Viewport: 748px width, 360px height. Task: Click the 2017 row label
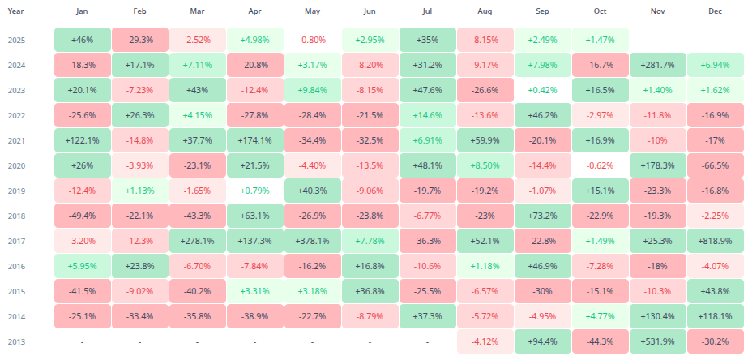coord(17,241)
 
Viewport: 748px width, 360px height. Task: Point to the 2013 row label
coord(17,341)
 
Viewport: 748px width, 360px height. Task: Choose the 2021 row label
coord(17,140)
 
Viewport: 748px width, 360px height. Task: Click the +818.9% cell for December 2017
coord(715,241)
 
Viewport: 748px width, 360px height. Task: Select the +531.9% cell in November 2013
coord(657,341)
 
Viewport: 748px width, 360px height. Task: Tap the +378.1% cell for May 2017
coord(312,241)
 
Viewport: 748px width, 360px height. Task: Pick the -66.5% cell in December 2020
coord(715,165)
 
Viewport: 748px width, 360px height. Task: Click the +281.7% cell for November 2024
coord(657,65)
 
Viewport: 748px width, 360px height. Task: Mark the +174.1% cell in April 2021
coord(254,140)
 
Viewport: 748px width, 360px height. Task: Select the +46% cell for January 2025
coord(82,40)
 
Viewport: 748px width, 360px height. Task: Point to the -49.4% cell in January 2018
coord(82,216)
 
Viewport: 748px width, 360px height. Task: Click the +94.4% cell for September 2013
coord(542,341)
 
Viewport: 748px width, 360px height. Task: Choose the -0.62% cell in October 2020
coord(600,165)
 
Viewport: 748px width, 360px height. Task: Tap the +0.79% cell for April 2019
coord(254,191)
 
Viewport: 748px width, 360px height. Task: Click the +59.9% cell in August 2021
coord(485,140)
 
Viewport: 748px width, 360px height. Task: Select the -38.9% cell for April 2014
coord(254,316)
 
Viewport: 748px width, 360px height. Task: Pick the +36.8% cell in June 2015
coord(370,291)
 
